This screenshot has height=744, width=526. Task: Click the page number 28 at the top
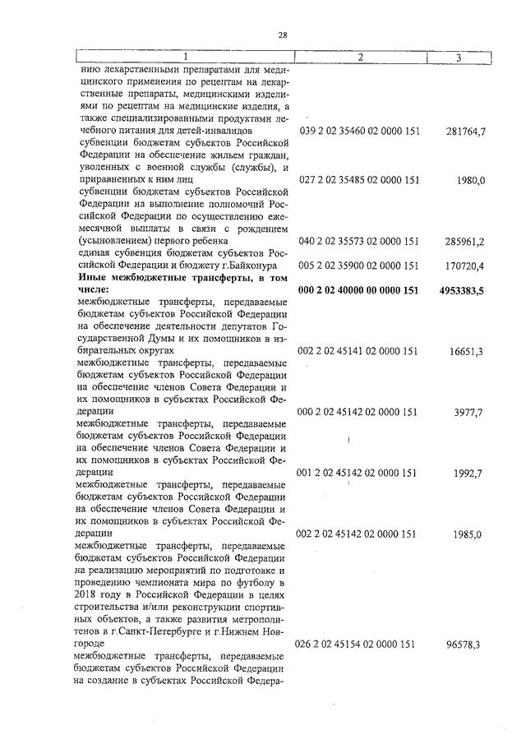coord(282,35)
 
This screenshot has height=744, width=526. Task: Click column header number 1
coord(185,57)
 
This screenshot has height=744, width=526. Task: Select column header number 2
coord(359,57)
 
